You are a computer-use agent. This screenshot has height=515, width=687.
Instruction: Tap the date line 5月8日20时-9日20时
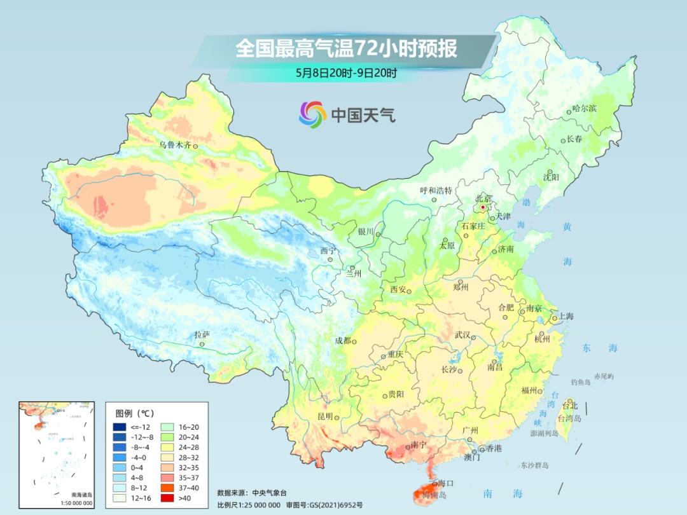point(346,72)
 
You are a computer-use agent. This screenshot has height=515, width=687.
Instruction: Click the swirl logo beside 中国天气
point(312,114)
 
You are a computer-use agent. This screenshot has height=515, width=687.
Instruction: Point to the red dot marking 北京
point(483,207)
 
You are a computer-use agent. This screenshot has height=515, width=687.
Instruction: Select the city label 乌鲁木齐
point(175,145)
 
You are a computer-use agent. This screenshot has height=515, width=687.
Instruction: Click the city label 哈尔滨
point(585,109)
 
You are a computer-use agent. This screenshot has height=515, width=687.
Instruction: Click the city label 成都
point(343,340)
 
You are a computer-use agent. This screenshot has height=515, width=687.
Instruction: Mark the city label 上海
point(566,317)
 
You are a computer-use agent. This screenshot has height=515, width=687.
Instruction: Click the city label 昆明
point(325,416)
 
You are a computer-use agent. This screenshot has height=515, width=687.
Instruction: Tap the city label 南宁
point(418,444)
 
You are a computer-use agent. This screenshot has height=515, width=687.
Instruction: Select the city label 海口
point(445,484)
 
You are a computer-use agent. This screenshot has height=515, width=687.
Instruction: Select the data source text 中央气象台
point(270,492)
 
